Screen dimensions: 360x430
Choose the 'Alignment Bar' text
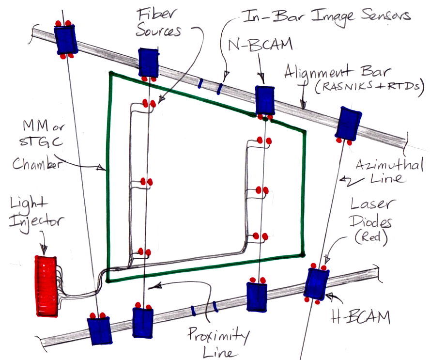(x=347, y=75)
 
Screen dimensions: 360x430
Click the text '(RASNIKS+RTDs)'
(x=368, y=92)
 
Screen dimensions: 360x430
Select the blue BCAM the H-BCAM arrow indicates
(x=316, y=283)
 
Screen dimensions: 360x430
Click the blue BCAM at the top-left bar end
(x=65, y=39)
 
